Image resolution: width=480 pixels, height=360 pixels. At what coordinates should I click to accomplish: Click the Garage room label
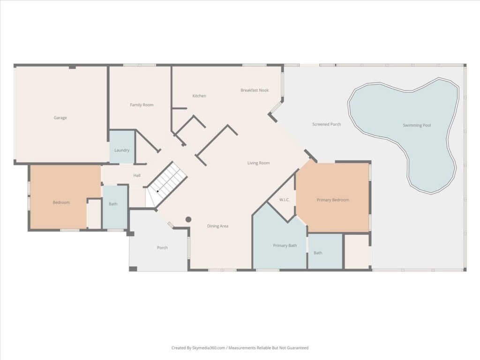point(60,118)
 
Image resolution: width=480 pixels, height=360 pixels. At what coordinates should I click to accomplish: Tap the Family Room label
point(142,105)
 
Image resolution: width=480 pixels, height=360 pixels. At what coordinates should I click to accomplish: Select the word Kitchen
point(199,96)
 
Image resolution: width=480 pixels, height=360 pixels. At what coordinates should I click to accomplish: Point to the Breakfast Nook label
point(255,90)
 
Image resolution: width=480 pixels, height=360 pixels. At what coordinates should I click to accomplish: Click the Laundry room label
point(122,150)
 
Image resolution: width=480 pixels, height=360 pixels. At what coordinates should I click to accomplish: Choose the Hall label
point(137,175)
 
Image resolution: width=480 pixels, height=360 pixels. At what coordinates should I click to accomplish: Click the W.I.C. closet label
point(285,200)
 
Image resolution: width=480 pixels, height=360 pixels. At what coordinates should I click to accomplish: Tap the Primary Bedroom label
point(333,200)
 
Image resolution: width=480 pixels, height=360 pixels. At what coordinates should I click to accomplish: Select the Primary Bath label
point(285,246)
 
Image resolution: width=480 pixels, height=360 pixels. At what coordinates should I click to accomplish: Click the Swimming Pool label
point(417,125)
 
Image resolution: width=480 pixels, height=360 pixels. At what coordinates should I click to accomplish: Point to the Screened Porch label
point(326,124)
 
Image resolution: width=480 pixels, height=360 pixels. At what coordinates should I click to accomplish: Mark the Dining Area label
point(217,226)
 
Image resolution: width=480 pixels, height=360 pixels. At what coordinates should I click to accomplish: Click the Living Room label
point(258,163)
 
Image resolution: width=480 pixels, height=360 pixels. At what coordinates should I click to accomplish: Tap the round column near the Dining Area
point(188,219)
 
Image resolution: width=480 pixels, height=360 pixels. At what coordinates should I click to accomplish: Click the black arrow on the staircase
point(158,191)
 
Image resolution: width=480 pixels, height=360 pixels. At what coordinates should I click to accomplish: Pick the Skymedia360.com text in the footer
point(209,348)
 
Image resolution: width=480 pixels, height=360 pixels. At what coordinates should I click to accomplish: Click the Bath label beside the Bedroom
point(113,204)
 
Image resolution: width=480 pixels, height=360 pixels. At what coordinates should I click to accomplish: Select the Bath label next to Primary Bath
point(318,253)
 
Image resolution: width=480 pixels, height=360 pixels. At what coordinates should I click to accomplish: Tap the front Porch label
point(162,247)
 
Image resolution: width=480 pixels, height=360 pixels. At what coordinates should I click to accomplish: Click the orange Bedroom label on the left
point(61,202)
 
